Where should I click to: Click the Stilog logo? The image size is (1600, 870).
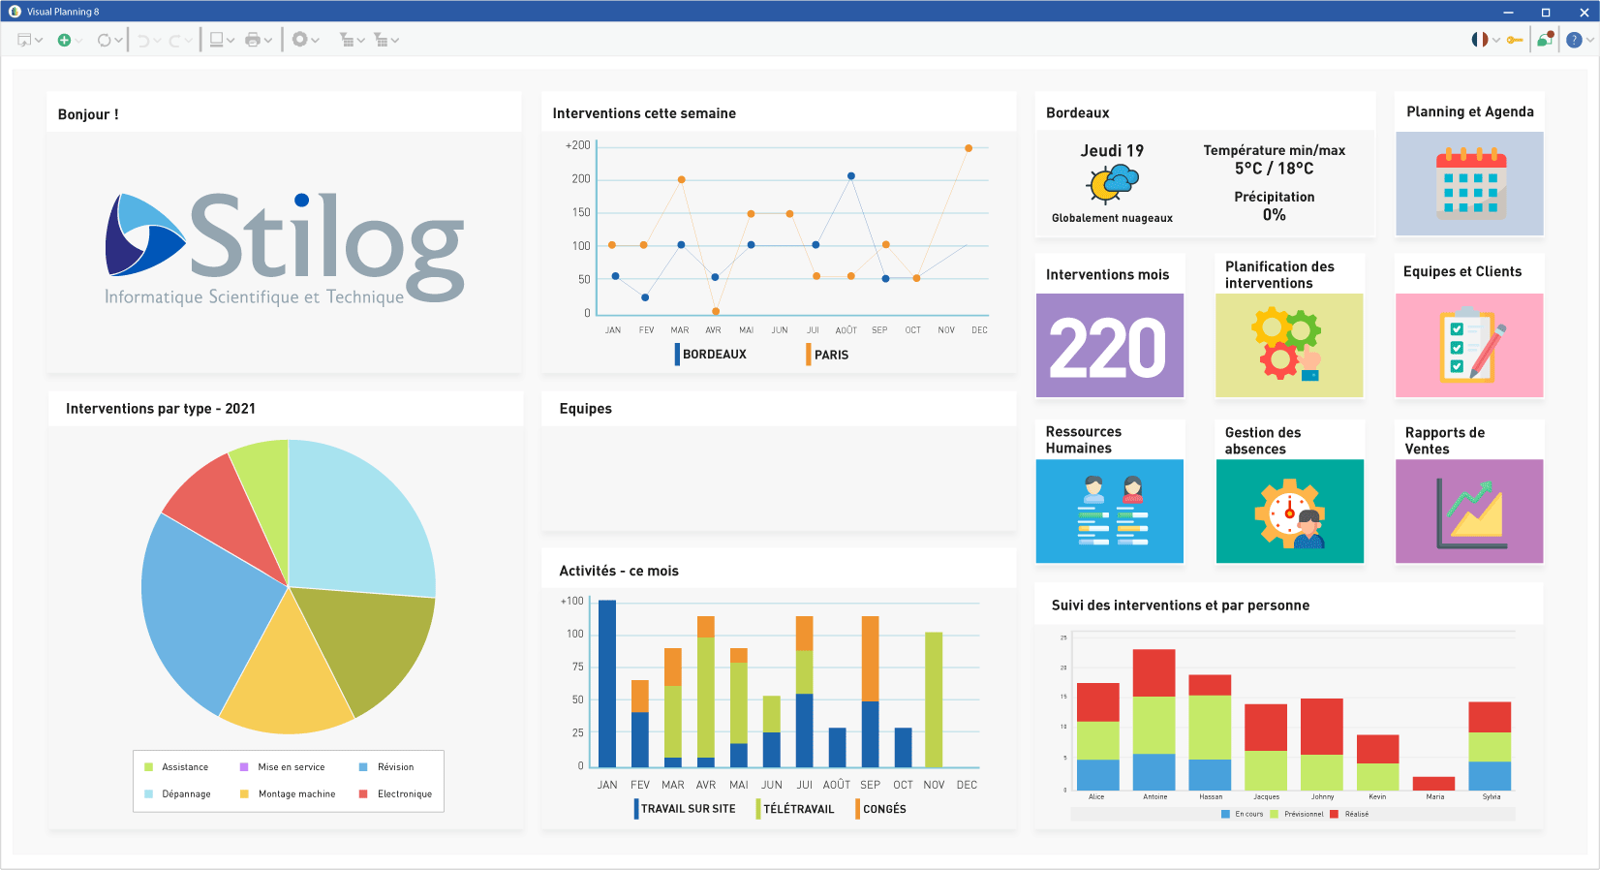click(x=285, y=248)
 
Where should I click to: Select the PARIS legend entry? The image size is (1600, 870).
click(x=830, y=355)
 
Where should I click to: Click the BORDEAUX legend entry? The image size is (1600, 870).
click(x=713, y=355)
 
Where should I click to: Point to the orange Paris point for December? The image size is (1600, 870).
click(x=969, y=148)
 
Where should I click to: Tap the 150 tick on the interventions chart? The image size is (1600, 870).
click(x=581, y=212)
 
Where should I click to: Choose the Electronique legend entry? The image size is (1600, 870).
click(x=404, y=794)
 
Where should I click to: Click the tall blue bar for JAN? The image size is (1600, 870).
click(x=607, y=683)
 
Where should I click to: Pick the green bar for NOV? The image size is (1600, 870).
click(x=934, y=699)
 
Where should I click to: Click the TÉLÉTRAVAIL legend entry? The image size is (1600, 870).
click(x=797, y=809)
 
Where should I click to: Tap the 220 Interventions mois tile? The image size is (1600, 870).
click(x=1110, y=346)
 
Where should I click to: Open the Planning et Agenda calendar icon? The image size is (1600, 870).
click(x=1469, y=184)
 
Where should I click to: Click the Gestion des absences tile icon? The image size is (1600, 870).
click(x=1289, y=512)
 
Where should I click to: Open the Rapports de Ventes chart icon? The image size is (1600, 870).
click(x=1469, y=512)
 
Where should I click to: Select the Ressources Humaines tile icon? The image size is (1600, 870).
click(x=1110, y=512)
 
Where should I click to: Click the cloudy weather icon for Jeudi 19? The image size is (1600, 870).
click(x=1113, y=182)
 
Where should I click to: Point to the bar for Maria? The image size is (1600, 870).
click(x=1434, y=783)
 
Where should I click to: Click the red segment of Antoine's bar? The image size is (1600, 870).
click(x=1154, y=672)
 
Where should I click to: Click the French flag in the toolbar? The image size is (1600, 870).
click(x=1479, y=40)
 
